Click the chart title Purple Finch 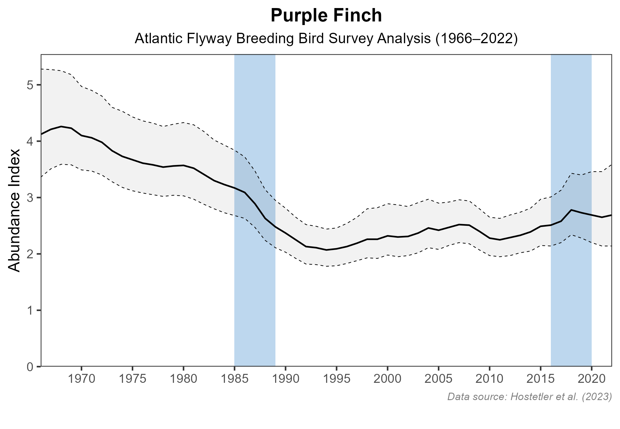[326, 16]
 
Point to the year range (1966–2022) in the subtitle [476, 39]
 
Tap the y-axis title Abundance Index [14, 210]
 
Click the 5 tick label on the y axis [30, 85]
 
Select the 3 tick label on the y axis [30, 198]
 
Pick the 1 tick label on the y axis [30, 310]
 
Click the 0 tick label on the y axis [30, 367]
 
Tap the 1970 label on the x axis [81, 379]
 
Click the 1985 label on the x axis [235, 379]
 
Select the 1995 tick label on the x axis [337, 379]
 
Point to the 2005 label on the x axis [438, 379]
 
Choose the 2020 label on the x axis [591, 379]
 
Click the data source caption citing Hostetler [529, 397]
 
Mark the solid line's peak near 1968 [61, 127]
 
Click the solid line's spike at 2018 [571, 210]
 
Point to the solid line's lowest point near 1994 [326, 250]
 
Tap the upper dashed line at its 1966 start [42, 69]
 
